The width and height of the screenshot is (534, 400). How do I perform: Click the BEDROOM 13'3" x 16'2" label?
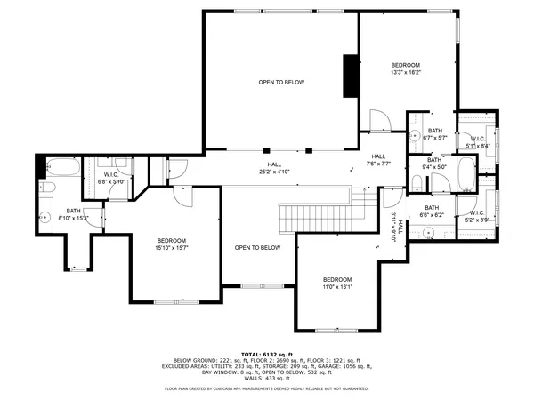405,68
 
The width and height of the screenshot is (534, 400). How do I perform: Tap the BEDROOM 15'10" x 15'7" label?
171,244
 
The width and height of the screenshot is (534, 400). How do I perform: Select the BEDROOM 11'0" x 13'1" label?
337,283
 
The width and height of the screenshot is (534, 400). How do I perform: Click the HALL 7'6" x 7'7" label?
378,160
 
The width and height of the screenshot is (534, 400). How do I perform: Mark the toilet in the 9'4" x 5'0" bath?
417,183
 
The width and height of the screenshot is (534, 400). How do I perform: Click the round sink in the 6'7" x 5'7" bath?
417,136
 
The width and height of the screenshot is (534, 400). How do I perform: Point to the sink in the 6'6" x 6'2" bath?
427,233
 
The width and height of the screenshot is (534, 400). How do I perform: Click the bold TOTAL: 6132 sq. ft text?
267,353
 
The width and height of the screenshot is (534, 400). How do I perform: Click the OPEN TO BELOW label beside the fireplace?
281,83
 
